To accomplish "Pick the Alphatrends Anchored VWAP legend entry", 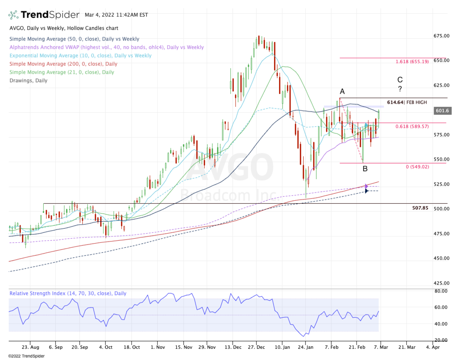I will coord(106,47).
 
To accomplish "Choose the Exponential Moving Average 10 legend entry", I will coord(80,56).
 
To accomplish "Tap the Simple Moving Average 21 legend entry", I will coord(61,72).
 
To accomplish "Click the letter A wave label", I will coord(342,92).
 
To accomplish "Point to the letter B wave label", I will coord(365,169).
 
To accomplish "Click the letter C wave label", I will coord(400,80).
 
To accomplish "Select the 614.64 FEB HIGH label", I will coord(406,103).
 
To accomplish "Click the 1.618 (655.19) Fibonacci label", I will coord(412,61).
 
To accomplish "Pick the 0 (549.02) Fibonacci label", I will coord(415,167).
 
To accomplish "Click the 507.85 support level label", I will coord(420,208).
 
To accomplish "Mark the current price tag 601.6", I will coord(442,111).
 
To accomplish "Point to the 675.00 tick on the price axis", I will coord(442,36).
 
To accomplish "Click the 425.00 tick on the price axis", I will coord(442,283).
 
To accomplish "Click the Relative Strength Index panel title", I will coord(67,293).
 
